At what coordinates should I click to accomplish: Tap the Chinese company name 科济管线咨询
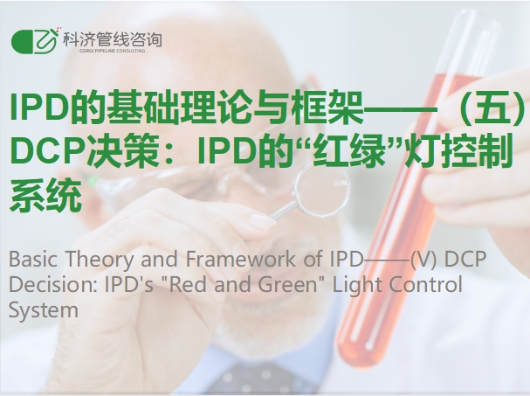click(x=113, y=40)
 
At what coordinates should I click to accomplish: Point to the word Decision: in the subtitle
click(x=53, y=284)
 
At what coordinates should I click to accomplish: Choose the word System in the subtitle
click(x=44, y=310)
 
